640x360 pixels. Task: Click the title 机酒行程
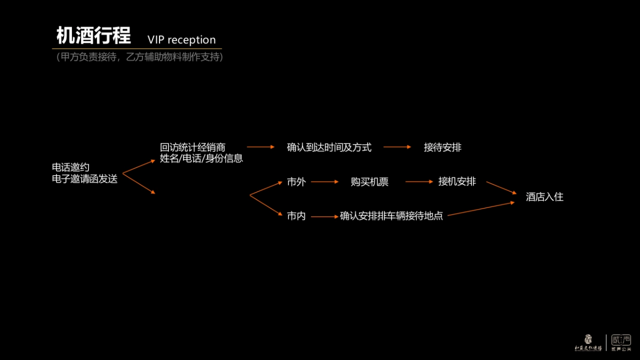[93, 36]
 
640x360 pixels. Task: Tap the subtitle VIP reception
[181, 40]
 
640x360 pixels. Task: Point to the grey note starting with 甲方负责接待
[139, 57]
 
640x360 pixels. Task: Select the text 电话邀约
[70, 167]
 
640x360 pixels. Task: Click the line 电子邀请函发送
[84, 179]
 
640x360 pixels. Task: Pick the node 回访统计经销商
[193, 147]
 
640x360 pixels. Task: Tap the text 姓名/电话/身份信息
[201, 158]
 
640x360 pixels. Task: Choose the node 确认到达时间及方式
[329, 147]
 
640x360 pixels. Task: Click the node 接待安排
[443, 147]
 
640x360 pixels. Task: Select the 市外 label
[296, 182]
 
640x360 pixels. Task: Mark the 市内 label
[296, 217]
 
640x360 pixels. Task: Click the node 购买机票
[370, 182]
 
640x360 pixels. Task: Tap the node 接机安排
[457, 181]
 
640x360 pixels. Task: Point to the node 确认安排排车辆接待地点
[391, 217]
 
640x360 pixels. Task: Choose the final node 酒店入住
[545, 197]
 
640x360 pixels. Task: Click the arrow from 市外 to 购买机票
[325, 182]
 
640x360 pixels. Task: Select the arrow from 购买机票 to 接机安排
[419, 182]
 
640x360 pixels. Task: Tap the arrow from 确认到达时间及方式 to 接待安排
[397, 147]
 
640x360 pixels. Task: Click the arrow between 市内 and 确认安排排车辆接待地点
[325, 217]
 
